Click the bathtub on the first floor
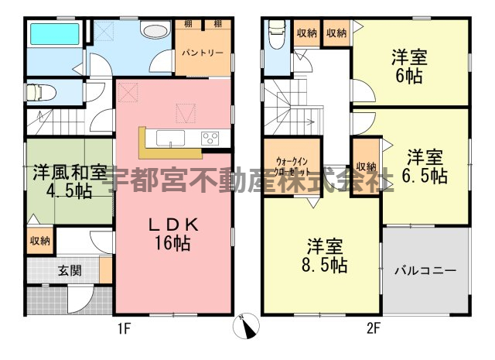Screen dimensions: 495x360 [54, 33]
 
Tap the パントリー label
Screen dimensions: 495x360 [203, 53]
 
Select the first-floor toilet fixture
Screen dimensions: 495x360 [41, 93]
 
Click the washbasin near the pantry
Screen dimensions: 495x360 [156, 31]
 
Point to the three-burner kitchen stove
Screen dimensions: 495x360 [210, 139]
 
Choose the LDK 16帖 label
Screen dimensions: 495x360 [173, 235]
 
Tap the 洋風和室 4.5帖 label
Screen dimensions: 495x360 [70, 181]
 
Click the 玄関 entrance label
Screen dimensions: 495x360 [70, 270]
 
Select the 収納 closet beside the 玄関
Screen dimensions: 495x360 [40, 241]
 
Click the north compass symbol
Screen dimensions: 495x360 [247, 326]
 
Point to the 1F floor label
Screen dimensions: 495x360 [125, 329]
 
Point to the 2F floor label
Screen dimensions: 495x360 [373, 329]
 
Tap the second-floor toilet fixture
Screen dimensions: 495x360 [277, 34]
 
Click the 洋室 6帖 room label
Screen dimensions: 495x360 [409, 67]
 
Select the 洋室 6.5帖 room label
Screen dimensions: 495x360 [425, 166]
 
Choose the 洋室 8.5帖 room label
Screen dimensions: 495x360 [325, 255]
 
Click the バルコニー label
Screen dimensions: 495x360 [425, 271]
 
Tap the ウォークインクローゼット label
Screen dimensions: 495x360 [292, 166]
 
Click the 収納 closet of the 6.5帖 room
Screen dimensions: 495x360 [366, 166]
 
